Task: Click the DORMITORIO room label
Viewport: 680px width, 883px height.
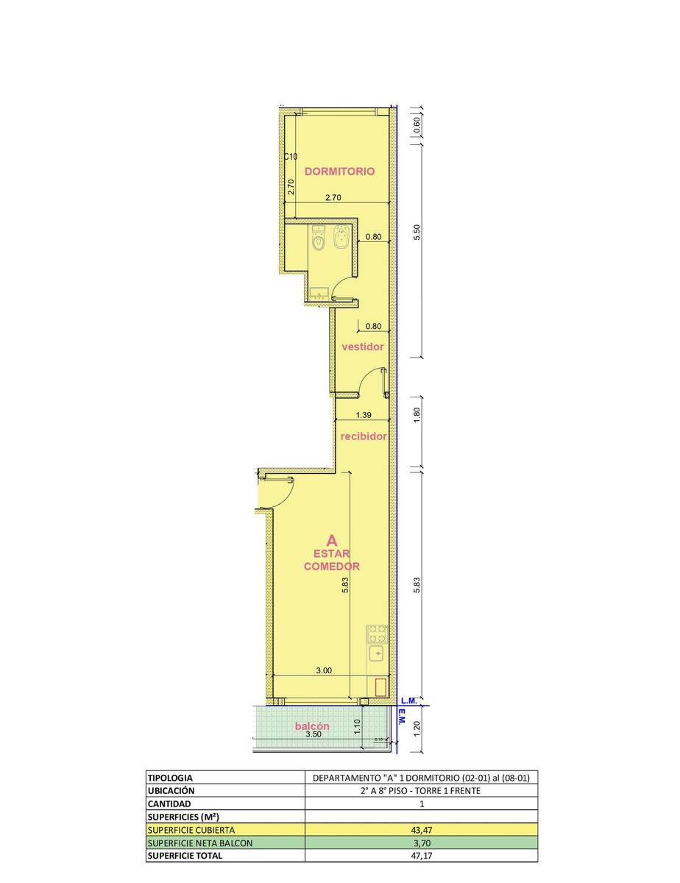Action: tap(339, 171)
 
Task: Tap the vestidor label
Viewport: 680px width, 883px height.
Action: tap(362, 347)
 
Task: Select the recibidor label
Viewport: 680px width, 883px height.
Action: tap(364, 436)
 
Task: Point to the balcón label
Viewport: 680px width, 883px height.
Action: tap(312, 726)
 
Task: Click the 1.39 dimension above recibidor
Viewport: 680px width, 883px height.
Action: tap(364, 415)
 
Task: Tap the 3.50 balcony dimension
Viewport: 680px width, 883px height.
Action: tap(314, 734)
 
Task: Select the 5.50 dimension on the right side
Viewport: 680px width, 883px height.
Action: tap(417, 232)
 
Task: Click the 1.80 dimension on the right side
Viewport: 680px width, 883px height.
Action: tap(417, 414)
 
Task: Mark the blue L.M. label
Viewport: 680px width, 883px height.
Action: tap(409, 701)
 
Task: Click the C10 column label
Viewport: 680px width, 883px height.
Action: tap(291, 157)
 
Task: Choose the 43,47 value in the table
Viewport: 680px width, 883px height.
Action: tap(421, 830)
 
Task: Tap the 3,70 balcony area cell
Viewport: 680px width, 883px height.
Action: tap(421, 843)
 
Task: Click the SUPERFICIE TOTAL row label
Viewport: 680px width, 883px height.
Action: tap(185, 855)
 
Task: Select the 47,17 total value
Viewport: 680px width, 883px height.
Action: tap(421, 855)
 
